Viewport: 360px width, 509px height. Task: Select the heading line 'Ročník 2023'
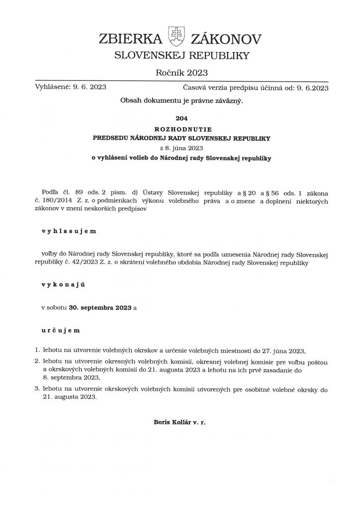pyautogui.click(x=180, y=73)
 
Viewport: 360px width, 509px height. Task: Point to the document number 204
pyautogui.click(x=180, y=119)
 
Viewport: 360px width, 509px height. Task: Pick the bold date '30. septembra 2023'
pyautogui.click(x=100, y=308)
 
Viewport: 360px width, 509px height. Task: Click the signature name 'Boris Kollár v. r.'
pyautogui.click(x=180, y=423)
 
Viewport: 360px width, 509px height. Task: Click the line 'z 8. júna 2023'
pyautogui.click(x=180, y=148)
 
